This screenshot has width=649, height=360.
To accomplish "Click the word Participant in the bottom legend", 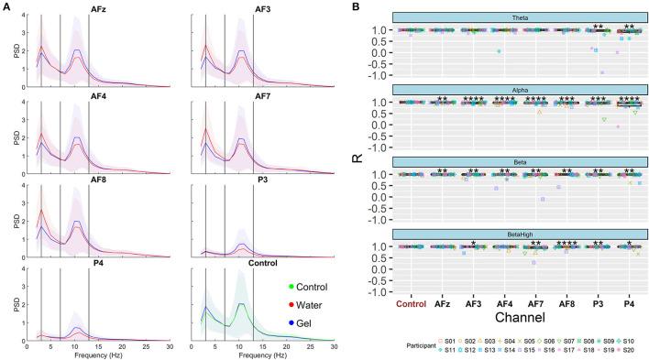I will point(427,347).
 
